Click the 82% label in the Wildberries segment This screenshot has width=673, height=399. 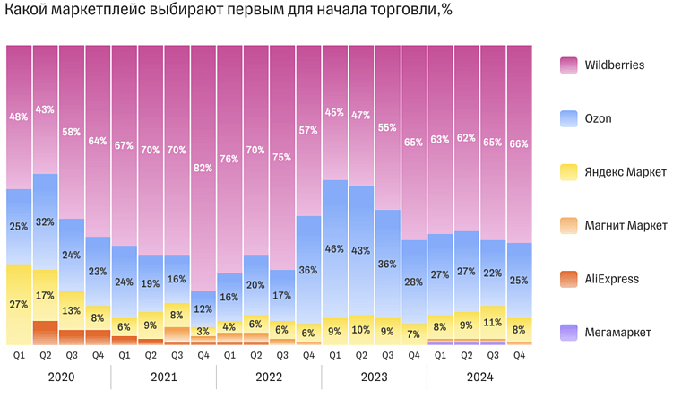(203, 168)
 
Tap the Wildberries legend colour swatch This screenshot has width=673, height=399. (569, 65)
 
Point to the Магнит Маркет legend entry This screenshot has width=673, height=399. (625, 225)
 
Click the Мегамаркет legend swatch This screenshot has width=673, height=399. (569, 332)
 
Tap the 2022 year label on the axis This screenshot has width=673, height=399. (269, 378)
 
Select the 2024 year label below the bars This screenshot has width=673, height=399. (479, 378)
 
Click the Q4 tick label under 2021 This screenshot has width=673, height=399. (203, 356)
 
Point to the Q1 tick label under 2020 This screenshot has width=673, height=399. (19, 356)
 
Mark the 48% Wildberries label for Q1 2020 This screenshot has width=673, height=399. (19, 117)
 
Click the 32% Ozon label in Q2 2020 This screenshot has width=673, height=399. (46, 221)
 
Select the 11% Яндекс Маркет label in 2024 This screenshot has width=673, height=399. (492, 321)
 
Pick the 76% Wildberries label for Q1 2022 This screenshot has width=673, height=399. (229, 159)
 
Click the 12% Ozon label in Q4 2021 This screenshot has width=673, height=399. (203, 308)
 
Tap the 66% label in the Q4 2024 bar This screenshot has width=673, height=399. (519, 143)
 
